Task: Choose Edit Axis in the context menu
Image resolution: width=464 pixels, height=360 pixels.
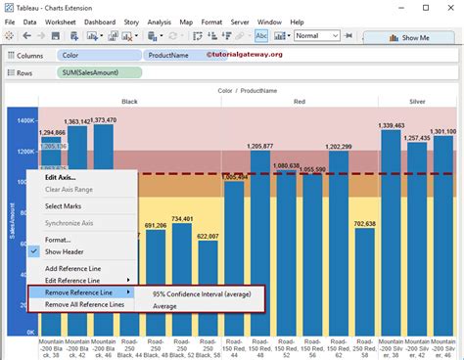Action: pyautogui.click(x=62, y=177)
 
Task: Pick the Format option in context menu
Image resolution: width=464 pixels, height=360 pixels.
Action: pyautogui.click(x=58, y=239)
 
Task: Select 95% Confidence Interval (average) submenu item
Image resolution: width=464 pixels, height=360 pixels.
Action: pyautogui.click(x=200, y=292)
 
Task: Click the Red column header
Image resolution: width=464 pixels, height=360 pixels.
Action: pyautogui.click(x=299, y=101)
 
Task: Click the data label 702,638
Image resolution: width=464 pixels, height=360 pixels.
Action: pyautogui.click(x=364, y=224)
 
